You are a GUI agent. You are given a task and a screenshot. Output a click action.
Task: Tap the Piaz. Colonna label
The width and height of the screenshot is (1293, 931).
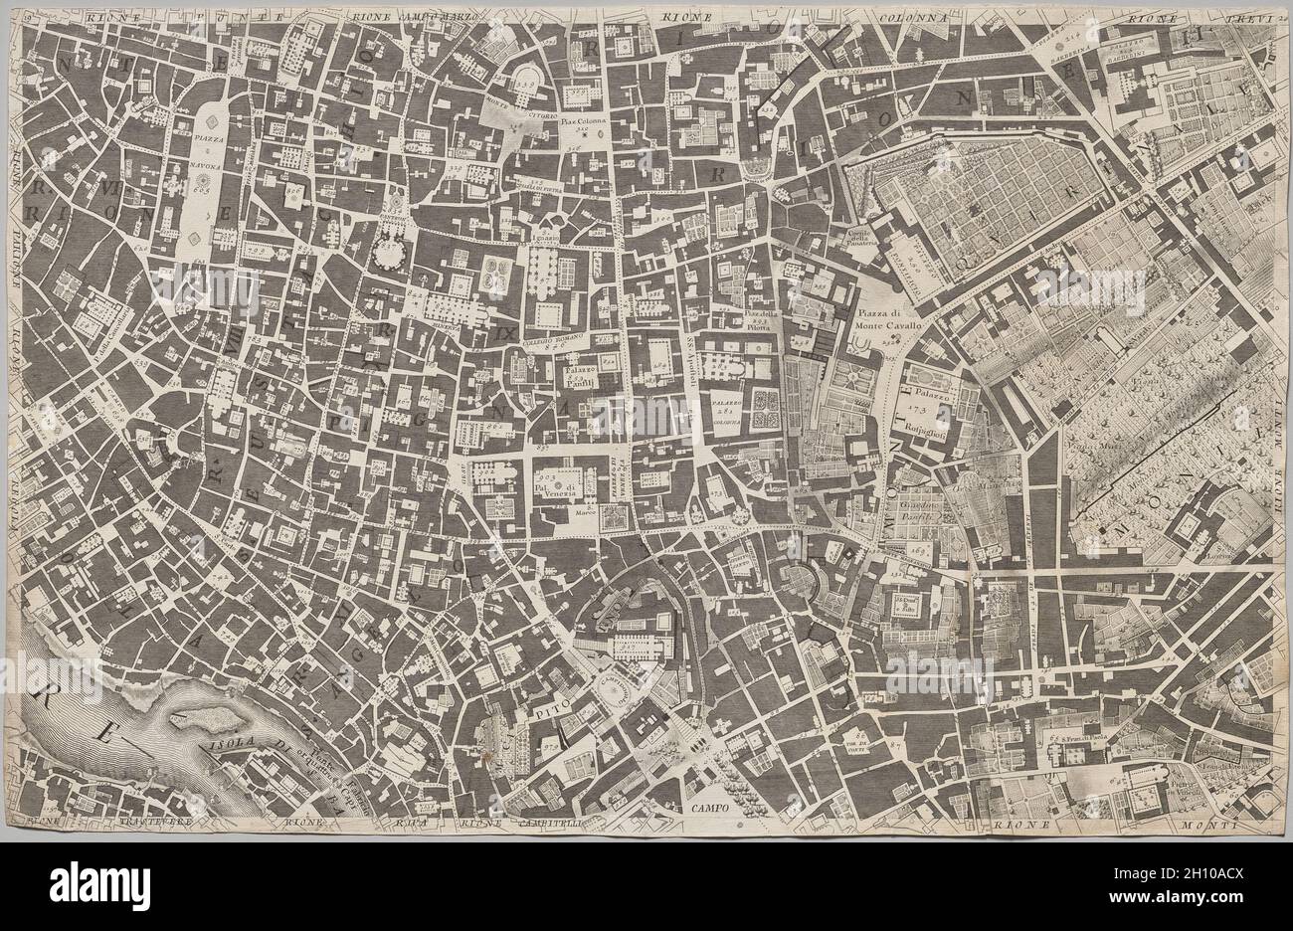coord(581,124)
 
